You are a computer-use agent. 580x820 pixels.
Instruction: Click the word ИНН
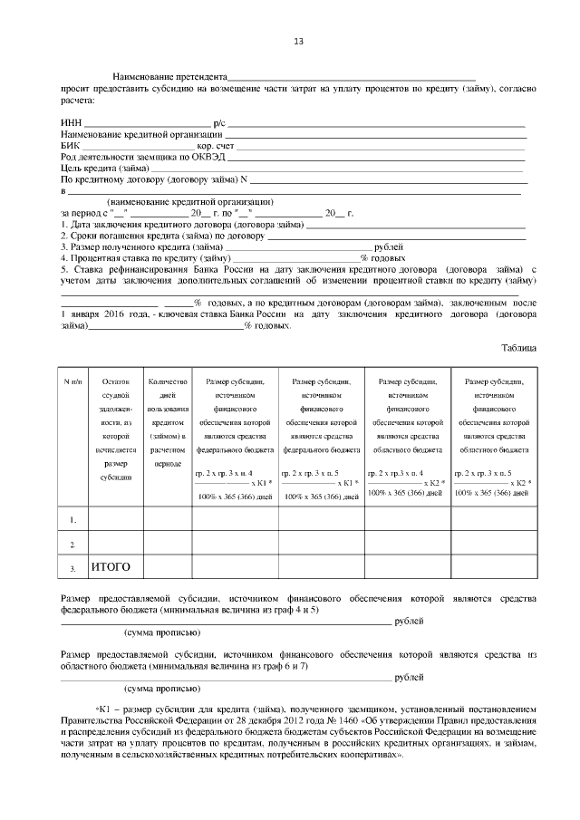point(70,122)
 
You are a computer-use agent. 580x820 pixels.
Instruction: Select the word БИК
point(70,145)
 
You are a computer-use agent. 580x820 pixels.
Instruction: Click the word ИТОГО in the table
point(111,567)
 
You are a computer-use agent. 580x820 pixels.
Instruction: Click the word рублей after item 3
point(389,246)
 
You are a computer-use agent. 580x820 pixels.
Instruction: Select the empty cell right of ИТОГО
point(167,568)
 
